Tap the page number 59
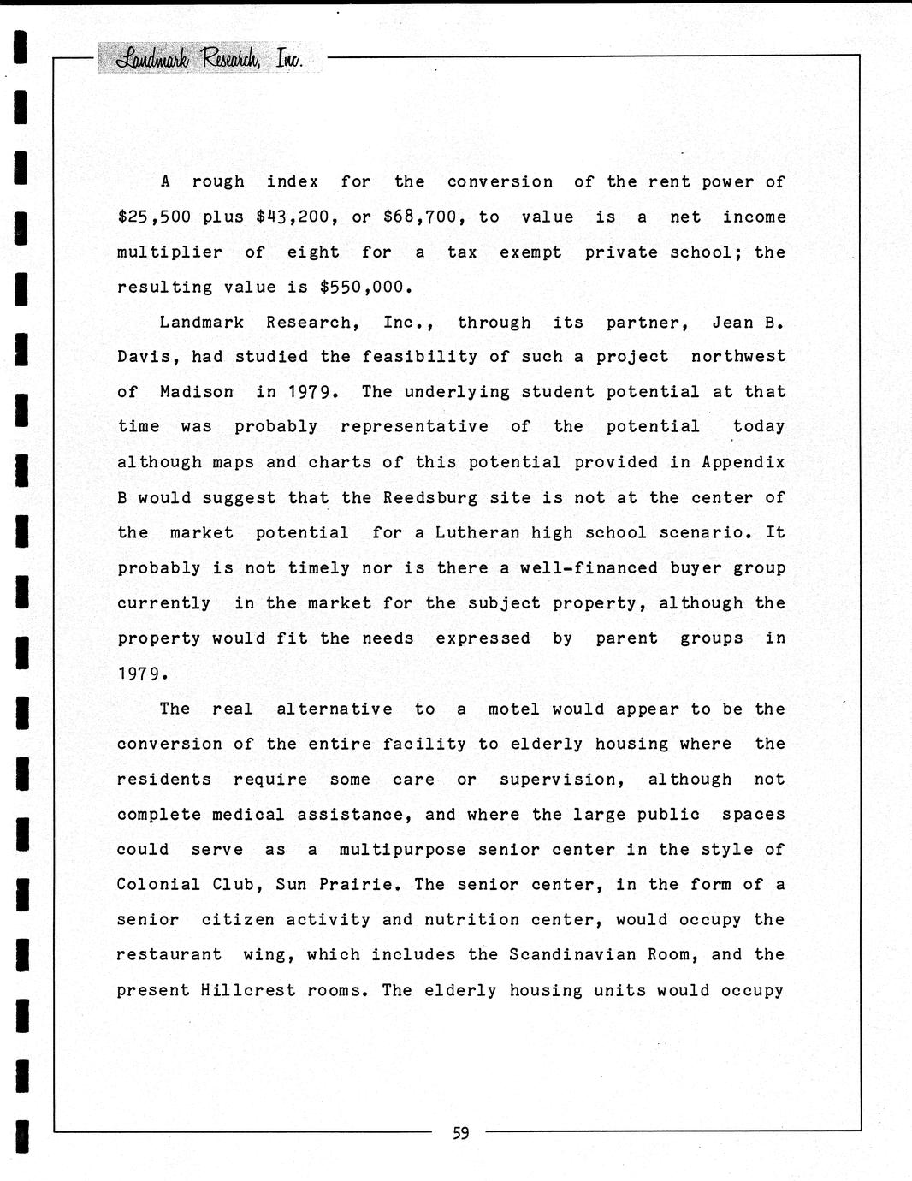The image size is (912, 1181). click(x=460, y=1134)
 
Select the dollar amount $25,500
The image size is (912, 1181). click(x=154, y=217)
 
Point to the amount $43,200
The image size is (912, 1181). click(x=293, y=217)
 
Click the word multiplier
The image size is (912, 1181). click(x=169, y=252)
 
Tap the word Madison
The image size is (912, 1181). click(x=196, y=393)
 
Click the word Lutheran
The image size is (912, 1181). click(x=477, y=533)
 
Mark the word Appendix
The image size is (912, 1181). click(x=743, y=463)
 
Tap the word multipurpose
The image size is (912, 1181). click(x=402, y=850)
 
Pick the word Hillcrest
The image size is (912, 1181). click(x=248, y=991)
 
